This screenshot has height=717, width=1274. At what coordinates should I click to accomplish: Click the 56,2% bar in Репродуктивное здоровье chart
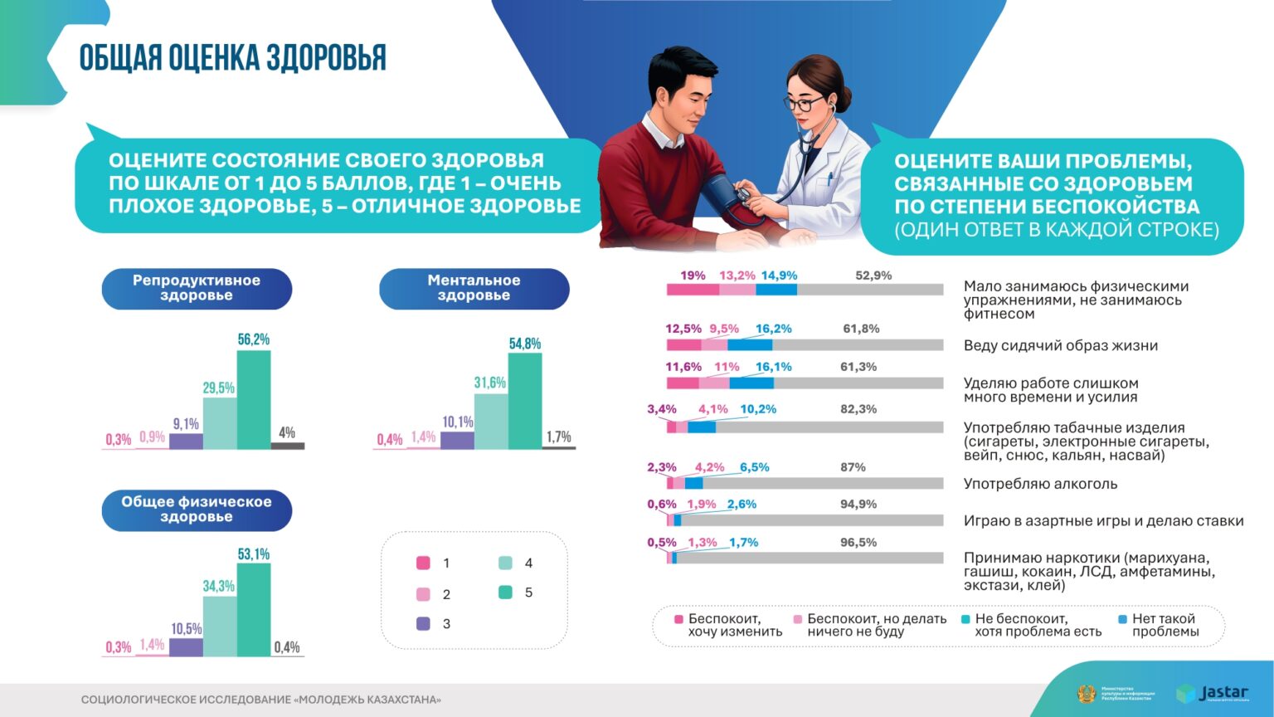(254, 399)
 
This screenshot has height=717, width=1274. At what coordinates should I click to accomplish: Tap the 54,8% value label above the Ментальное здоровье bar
(525, 344)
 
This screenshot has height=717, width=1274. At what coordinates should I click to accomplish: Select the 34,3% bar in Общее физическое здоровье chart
(220, 626)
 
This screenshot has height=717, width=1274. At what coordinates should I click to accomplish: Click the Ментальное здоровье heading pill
(474, 288)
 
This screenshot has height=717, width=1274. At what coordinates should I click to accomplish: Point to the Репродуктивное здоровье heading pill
(197, 288)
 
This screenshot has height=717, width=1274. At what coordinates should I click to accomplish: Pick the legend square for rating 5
(506, 593)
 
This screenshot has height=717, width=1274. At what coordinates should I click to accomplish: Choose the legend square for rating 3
(423, 624)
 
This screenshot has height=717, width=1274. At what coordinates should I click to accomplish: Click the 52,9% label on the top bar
(873, 276)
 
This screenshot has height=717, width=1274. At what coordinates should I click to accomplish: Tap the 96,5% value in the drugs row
(858, 543)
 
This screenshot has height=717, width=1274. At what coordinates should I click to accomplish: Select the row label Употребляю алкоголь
(1040, 484)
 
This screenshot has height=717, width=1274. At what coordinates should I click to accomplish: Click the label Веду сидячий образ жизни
(1060, 345)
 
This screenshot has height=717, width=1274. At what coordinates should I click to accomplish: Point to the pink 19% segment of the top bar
(693, 290)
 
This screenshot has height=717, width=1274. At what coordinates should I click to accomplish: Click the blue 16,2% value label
(773, 329)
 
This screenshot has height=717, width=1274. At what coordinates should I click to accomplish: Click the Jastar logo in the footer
(1212, 693)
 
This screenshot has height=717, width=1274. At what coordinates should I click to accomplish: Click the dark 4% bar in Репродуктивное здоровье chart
(288, 446)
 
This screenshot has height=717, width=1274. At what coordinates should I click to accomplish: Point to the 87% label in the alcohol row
(853, 467)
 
